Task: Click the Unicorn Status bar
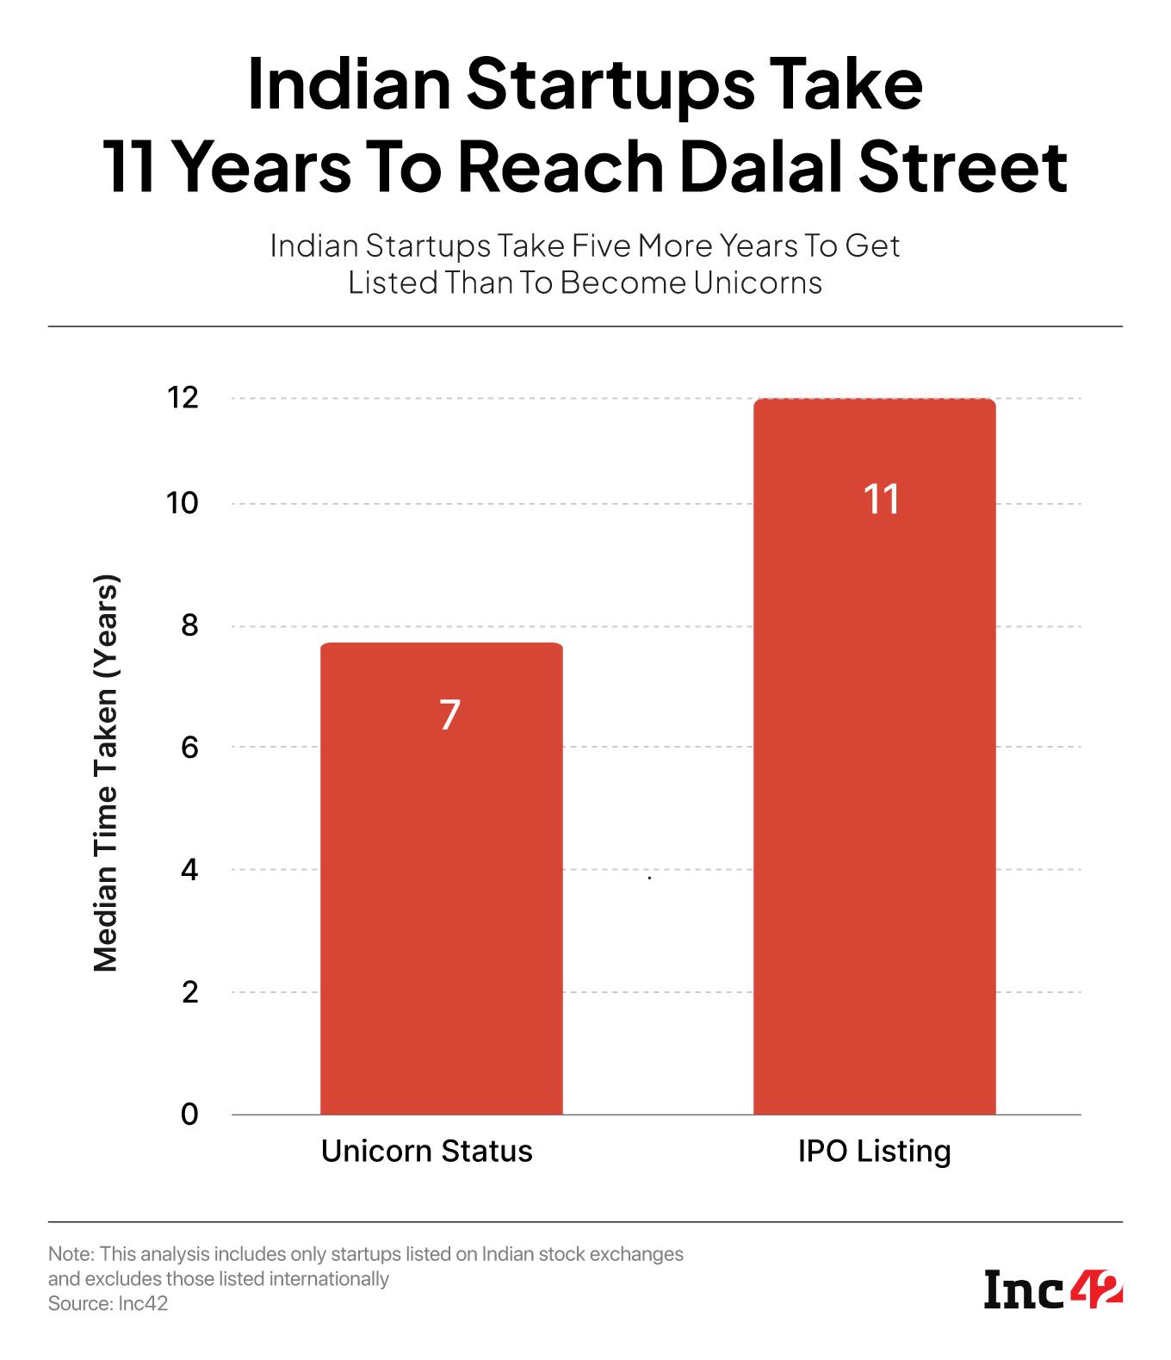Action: (441, 879)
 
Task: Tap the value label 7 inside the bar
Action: (449, 715)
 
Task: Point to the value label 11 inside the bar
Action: (882, 500)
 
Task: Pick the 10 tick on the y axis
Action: (183, 503)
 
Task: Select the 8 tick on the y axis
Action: (189, 625)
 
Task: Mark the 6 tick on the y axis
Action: (189, 747)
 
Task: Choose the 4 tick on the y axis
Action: (189, 870)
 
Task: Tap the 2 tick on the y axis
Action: (189, 991)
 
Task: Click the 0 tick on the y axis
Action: (189, 1114)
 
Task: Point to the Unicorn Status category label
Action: (426, 1151)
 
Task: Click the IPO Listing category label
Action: (874, 1151)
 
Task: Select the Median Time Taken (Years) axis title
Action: (105, 773)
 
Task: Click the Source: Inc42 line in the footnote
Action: (108, 1304)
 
